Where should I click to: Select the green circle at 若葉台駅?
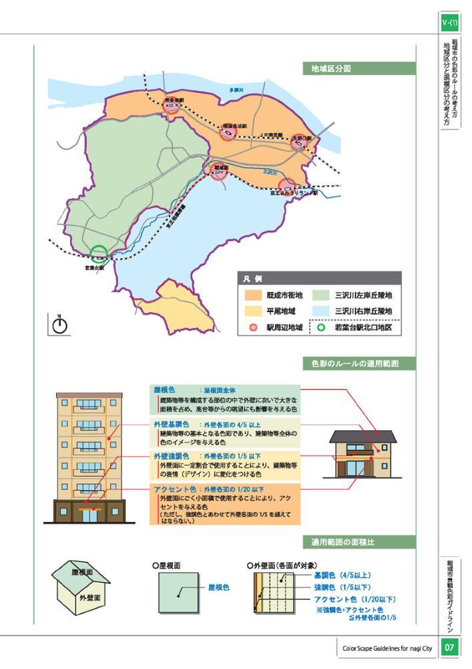[99, 254]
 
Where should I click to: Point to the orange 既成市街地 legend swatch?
[254, 295]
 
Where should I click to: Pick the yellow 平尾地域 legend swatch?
[254, 311]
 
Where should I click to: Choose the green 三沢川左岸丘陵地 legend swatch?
[320, 295]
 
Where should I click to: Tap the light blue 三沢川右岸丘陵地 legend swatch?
[320, 311]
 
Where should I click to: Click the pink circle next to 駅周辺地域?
[254, 327]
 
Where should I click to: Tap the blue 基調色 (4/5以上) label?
[342, 575]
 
